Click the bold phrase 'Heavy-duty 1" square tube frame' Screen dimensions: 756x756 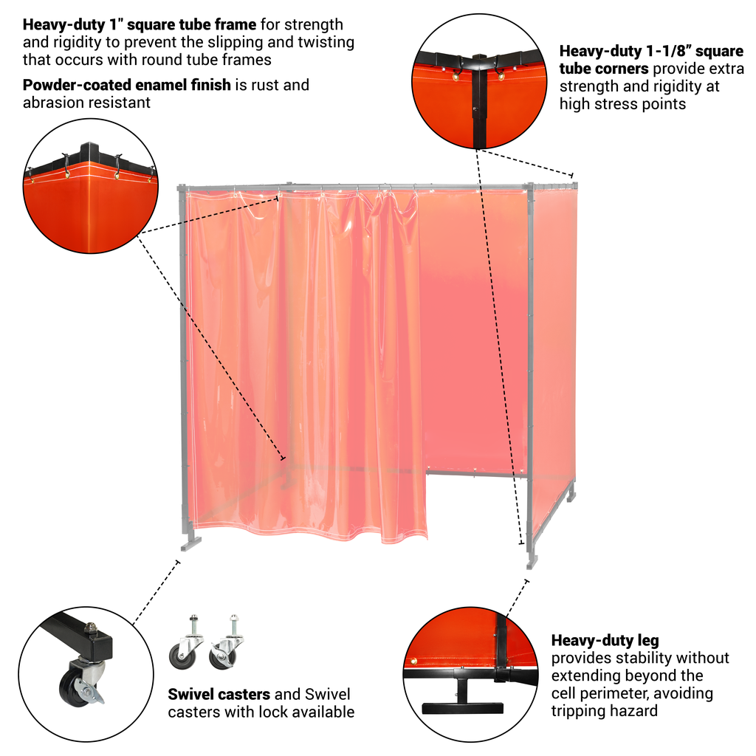pos(140,24)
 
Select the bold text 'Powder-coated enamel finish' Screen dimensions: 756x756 pos(127,85)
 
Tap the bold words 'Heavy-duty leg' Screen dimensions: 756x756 pos(605,641)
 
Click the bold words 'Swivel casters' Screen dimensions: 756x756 pos(219,694)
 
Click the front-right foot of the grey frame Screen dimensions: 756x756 pos(532,561)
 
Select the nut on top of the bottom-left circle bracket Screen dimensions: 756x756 pos(89,628)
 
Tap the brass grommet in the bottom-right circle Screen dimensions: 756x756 pos(413,661)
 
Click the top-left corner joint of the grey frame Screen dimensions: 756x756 pos(182,188)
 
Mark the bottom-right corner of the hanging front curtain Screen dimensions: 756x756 pos(427,540)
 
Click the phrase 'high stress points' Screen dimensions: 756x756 pos(622,104)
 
